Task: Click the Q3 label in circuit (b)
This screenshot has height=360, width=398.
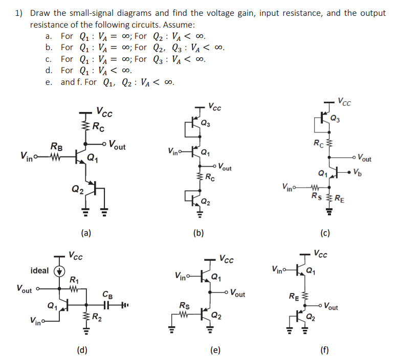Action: coord(205,123)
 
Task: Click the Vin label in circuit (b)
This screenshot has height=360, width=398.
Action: coord(174,151)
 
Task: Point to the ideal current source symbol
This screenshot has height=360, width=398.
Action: coord(60,271)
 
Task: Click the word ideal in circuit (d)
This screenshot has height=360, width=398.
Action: coord(40,271)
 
